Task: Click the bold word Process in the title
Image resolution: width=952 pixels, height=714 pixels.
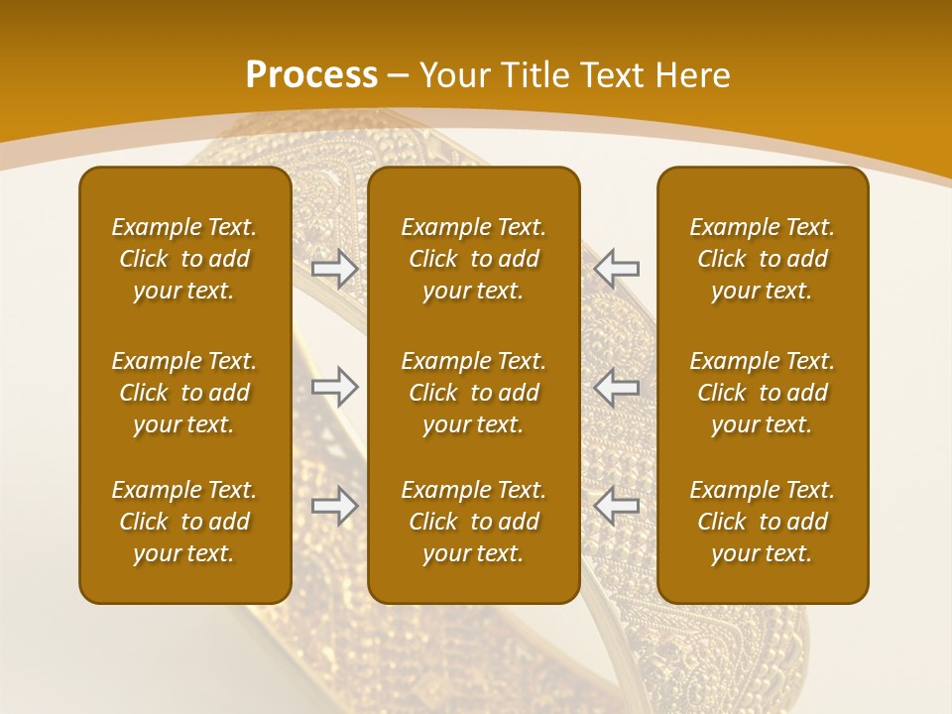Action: [311, 75]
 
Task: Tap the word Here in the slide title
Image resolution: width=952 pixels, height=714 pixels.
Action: [691, 75]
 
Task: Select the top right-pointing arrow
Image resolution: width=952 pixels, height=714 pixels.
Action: [335, 268]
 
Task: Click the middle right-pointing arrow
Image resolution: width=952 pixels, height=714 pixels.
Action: [335, 387]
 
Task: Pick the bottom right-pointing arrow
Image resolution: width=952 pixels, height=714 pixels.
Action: [335, 506]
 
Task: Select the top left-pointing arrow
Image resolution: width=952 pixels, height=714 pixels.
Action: [617, 268]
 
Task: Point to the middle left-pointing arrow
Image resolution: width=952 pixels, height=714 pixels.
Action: [617, 387]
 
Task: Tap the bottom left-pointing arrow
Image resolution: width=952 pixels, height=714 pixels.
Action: [617, 506]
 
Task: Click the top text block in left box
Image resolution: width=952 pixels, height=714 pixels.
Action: [184, 259]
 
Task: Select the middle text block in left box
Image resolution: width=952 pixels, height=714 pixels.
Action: [184, 393]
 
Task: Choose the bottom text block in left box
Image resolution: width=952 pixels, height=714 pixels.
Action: [184, 522]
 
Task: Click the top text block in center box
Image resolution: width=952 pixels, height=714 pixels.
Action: [474, 259]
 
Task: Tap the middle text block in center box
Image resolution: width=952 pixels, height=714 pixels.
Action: [474, 393]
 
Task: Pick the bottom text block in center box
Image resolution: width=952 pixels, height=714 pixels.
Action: [474, 522]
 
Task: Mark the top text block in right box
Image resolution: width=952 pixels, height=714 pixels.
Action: [763, 259]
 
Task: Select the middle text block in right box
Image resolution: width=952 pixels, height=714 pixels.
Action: [763, 393]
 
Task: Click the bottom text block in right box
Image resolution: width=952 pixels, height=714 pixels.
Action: [763, 522]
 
